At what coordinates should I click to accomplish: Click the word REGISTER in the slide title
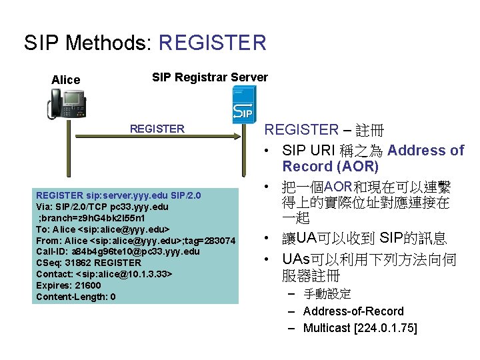pyautogui.click(x=213, y=43)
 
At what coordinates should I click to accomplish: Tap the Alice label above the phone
pyautogui.click(x=65, y=80)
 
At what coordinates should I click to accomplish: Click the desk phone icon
pyautogui.click(x=67, y=105)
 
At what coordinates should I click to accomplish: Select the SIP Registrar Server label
pyautogui.click(x=210, y=77)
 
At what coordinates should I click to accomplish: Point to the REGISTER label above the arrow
pyautogui.click(x=157, y=129)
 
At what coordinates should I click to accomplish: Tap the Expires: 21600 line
pyautogui.click(x=69, y=285)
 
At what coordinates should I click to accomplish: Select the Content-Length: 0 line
pyautogui.click(x=76, y=297)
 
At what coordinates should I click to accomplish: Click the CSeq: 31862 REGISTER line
pyautogui.click(x=88, y=263)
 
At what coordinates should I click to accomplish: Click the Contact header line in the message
pyautogui.click(x=104, y=274)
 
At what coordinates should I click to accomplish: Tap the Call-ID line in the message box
pyautogui.click(x=117, y=251)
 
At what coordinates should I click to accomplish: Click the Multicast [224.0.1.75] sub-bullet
pyautogui.click(x=360, y=328)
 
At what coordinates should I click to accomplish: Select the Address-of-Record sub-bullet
pyautogui.click(x=353, y=311)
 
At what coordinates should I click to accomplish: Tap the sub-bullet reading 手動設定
pyautogui.click(x=327, y=294)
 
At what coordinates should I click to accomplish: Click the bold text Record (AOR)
pyautogui.click(x=330, y=167)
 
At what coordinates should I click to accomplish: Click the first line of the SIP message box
pyautogui.click(x=118, y=195)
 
